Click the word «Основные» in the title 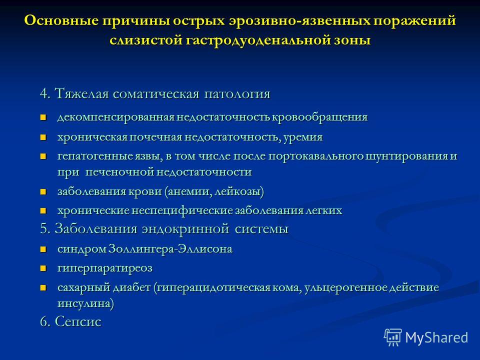[61, 21]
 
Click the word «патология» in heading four [237, 93]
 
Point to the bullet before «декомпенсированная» [43, 117]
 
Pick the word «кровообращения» [319, 117]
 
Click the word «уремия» [303, 137]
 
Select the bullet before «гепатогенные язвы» [43, 156]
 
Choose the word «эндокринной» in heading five [185, 229]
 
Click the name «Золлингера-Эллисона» [170, 249]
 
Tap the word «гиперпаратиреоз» [105, 268]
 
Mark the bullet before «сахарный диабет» [43, 288]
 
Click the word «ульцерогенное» [345, 288]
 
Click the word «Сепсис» [78, 321]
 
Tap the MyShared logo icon [393, 337]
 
